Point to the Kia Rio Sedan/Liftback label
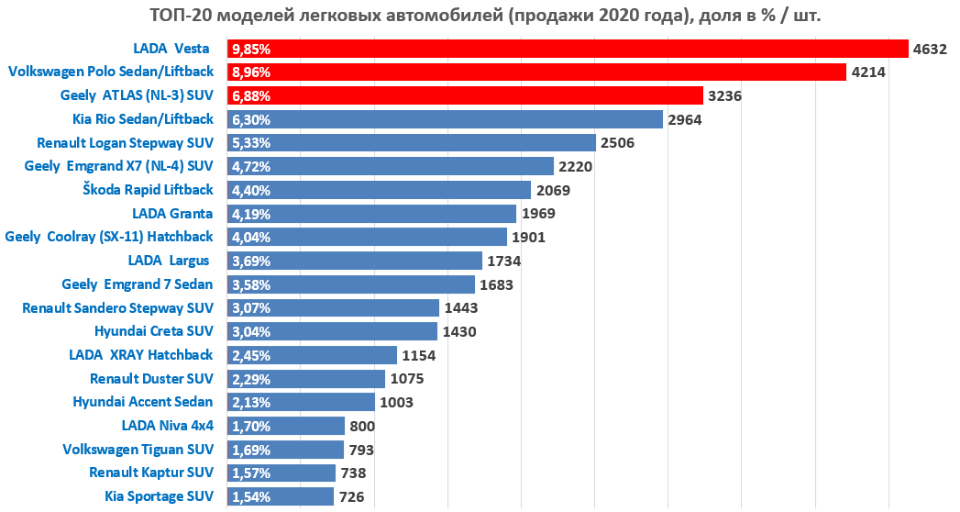[x=143, y=119]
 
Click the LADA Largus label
[x=171, y=261]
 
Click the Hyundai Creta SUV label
[x=154, y=331]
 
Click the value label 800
[x=362, y=426]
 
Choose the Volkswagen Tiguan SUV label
[x=138, y=450]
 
